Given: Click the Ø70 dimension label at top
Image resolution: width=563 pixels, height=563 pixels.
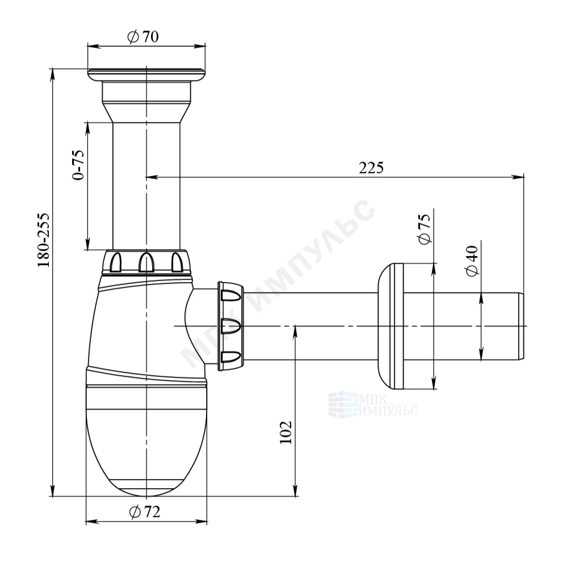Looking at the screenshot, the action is pyautogui.click(x=143, y=37).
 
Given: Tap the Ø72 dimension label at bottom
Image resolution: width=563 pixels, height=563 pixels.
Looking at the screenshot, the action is pyautogui.click(x=144, y=512).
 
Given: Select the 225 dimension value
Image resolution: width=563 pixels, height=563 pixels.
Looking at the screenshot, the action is pyautogui.click(x=371, y=167).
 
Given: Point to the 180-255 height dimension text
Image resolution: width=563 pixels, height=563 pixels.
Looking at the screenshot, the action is pyautogui.click(x=43, y=240).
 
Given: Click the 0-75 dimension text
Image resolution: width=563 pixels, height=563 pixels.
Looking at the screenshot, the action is pyautogui.click(x=78, y=164).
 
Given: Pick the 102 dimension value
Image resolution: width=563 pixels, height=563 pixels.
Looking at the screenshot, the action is pyautogui.click(x=286, y=432).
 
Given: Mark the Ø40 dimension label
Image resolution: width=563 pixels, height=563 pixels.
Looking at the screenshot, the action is pyautogui.click(x=472, y=261).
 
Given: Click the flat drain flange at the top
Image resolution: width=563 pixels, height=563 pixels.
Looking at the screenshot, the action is pyautogui.click(x=146, y=74).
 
